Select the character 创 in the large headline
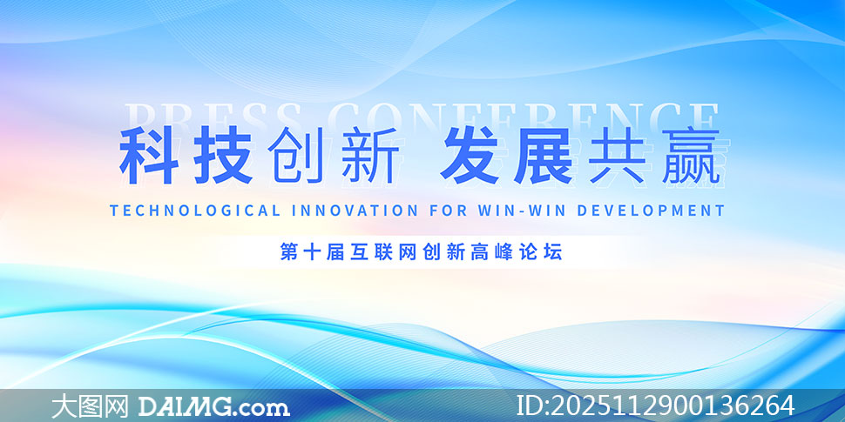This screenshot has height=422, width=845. coord(294,156)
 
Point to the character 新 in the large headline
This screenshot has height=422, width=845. coord(371,156)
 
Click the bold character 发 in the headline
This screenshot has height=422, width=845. coord(469,156)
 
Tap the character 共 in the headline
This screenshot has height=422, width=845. coord(616,156)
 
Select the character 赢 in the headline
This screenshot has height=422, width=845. coord(691,156)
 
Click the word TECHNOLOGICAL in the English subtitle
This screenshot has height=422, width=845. coord(195,211)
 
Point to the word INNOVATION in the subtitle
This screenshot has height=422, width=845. coord(355,211)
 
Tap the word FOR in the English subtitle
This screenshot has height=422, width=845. coord(449,211)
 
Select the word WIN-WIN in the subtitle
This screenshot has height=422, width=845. coord(522,211)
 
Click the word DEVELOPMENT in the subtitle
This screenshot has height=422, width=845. coord(651,211)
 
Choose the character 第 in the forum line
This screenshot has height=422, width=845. coord(289,252)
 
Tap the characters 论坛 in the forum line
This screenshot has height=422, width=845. coord(540,252)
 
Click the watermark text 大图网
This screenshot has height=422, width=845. coord(90,405)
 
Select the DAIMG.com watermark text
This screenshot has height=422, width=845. coord(214,406)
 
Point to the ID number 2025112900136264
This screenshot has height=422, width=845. coord(673,405)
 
